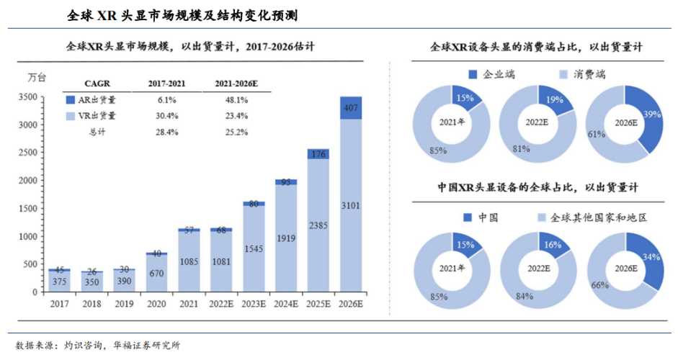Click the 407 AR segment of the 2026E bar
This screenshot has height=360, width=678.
(x=351, y=108)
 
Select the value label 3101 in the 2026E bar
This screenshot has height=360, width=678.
(x=351, y=207)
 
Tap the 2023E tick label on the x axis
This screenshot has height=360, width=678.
(x=254, y=304)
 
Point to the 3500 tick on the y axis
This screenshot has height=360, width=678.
(x=27, y=96)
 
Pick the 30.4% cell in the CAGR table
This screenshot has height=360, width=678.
(x=166, y=115)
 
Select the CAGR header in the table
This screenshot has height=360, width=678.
(x=97, y=84)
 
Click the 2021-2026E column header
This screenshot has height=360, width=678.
(x=236, y=84)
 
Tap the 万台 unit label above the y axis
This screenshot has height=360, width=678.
(x=36, y=77)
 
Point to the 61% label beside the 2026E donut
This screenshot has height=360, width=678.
(x=595, y=135)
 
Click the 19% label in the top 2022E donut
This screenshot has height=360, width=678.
(x=555, y=101)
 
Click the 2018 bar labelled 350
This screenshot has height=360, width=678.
(x=92, y=283)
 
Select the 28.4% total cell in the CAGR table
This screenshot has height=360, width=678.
(x=166, y=132)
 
